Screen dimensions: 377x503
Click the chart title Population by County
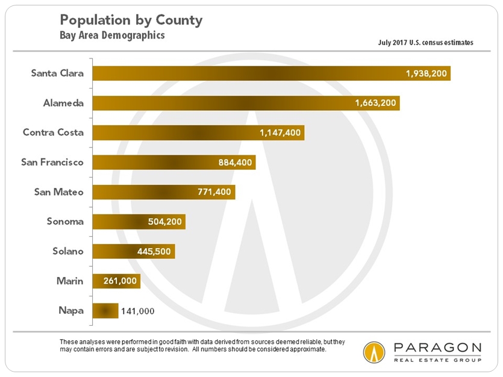click(x=131, y=20)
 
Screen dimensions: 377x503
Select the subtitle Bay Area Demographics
click(x=112, y=36)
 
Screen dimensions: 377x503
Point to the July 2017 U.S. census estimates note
click(x=425, y=43)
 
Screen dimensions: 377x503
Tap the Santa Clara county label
click(x=58, y=73)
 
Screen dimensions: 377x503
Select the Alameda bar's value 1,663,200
click(x=375, y=104)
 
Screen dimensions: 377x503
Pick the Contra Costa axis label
click(x=53, y=132)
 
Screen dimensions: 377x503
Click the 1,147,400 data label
click(x=280, y=133)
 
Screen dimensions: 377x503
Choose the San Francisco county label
click(x=52, y=163)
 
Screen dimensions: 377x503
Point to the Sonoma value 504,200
click(x=165, y=222)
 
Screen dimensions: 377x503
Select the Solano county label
click(x=67, y=251)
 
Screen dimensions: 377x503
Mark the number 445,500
click(x=155, y=251)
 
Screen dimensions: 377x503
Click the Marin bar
click(x=116, y=281)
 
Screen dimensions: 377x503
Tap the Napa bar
click(x=105, y=310)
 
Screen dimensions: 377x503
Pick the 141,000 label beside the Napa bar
click(x=138, y=311)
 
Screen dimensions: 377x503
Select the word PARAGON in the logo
click(x=437, y=349)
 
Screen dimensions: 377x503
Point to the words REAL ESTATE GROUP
click(x=437, y=360)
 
